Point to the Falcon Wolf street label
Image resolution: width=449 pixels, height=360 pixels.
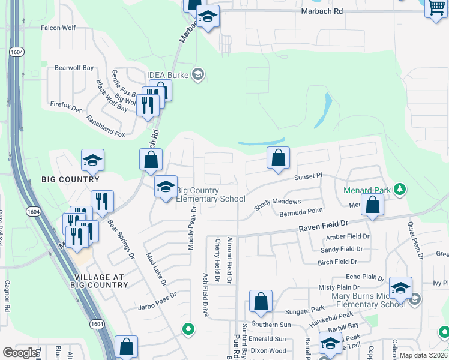[x=58, y=28]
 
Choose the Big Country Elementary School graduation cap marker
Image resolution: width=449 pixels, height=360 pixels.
[x=166, y=187]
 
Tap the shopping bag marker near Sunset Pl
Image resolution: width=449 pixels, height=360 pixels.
[x=278, y=158]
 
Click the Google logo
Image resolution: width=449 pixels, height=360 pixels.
[x=20, y=353]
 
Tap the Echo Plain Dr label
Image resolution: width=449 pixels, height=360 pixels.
[x=364, y=277]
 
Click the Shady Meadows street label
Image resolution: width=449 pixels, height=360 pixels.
[x=277, y=202]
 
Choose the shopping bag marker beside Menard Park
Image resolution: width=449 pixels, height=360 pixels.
[x=373, y=205]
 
